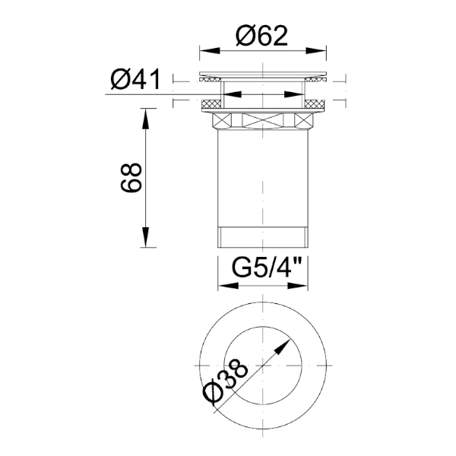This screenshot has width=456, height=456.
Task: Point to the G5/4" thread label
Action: pyautogui.click(x=263, y=269)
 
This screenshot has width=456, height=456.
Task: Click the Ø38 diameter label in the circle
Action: pyautogui.click(x=228, y=383)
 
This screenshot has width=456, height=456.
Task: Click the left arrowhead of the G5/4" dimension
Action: pyautogui.click(x=223, y=288)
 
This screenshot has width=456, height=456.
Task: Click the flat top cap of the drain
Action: pyautogui.click(x=263, y=74)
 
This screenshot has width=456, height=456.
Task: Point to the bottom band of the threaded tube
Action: pyautogui.click(x=263, y=236)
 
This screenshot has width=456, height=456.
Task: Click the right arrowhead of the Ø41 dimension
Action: pyautogui.click(x=298, y=95)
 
